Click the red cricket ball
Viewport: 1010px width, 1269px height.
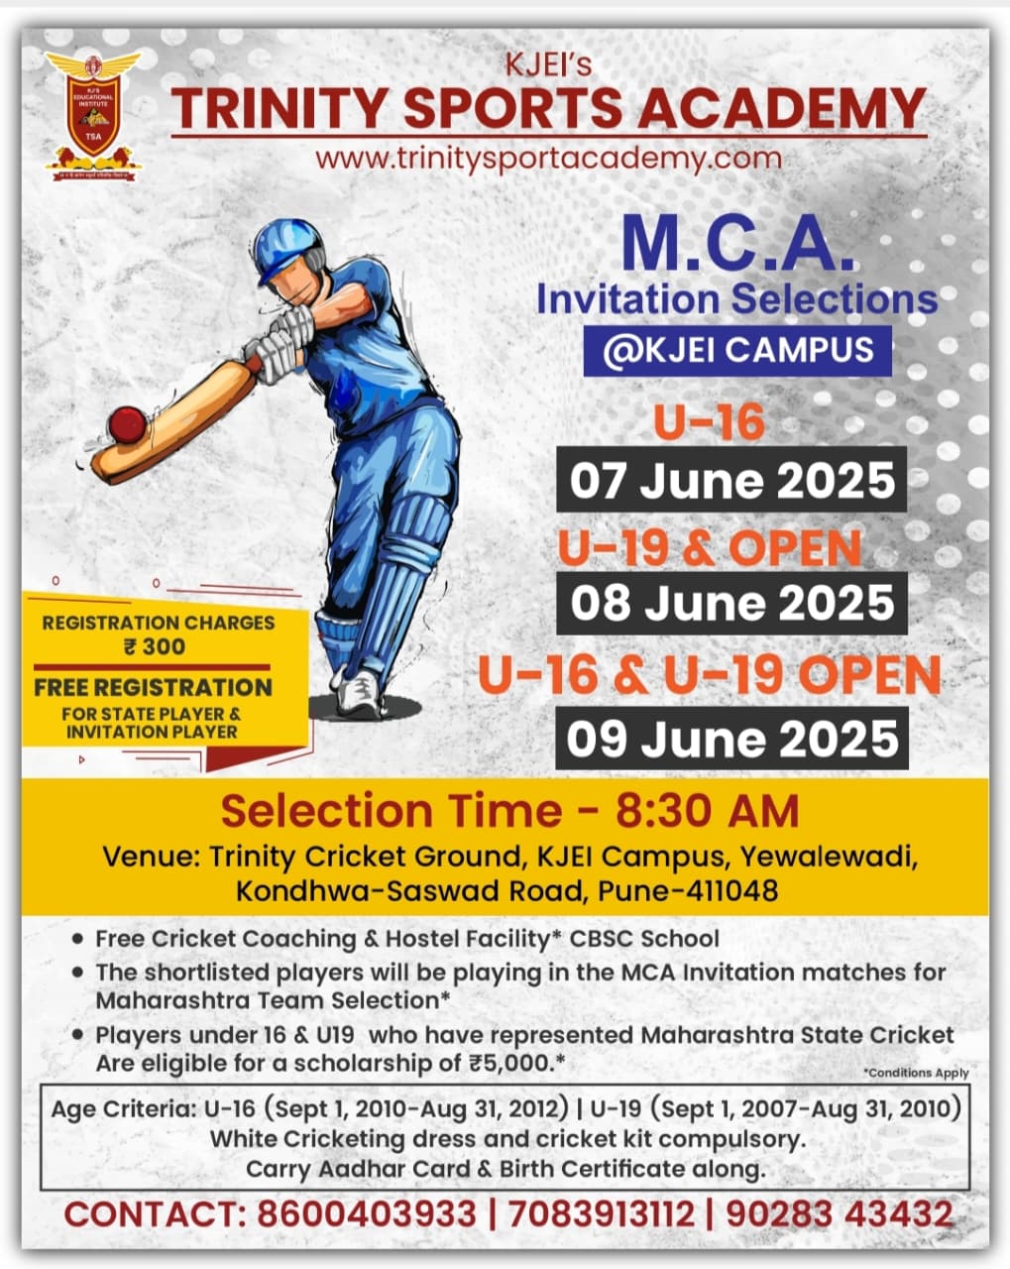[127, 424]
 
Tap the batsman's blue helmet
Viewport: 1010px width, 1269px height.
[287, 249]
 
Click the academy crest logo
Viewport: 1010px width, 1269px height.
[94, 116]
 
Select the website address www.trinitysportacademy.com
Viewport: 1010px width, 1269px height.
[548, 158]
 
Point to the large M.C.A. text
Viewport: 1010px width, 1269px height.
[738, 243]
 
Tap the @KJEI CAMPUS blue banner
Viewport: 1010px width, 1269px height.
[737, 350]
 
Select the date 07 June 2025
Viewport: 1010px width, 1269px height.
[731, 480]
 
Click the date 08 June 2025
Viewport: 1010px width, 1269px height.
[731, 603]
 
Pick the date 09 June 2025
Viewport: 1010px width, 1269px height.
[731, 739]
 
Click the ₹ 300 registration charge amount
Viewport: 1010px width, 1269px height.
[155, 646]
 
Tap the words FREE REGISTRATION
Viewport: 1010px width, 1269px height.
[154, 687]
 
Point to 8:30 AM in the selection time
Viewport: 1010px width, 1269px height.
[708, 811]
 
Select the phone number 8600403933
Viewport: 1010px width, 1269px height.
[366, 1214]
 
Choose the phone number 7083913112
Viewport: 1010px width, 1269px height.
[601, 1214]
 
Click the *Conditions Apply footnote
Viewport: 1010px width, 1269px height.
[916, 1073]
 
